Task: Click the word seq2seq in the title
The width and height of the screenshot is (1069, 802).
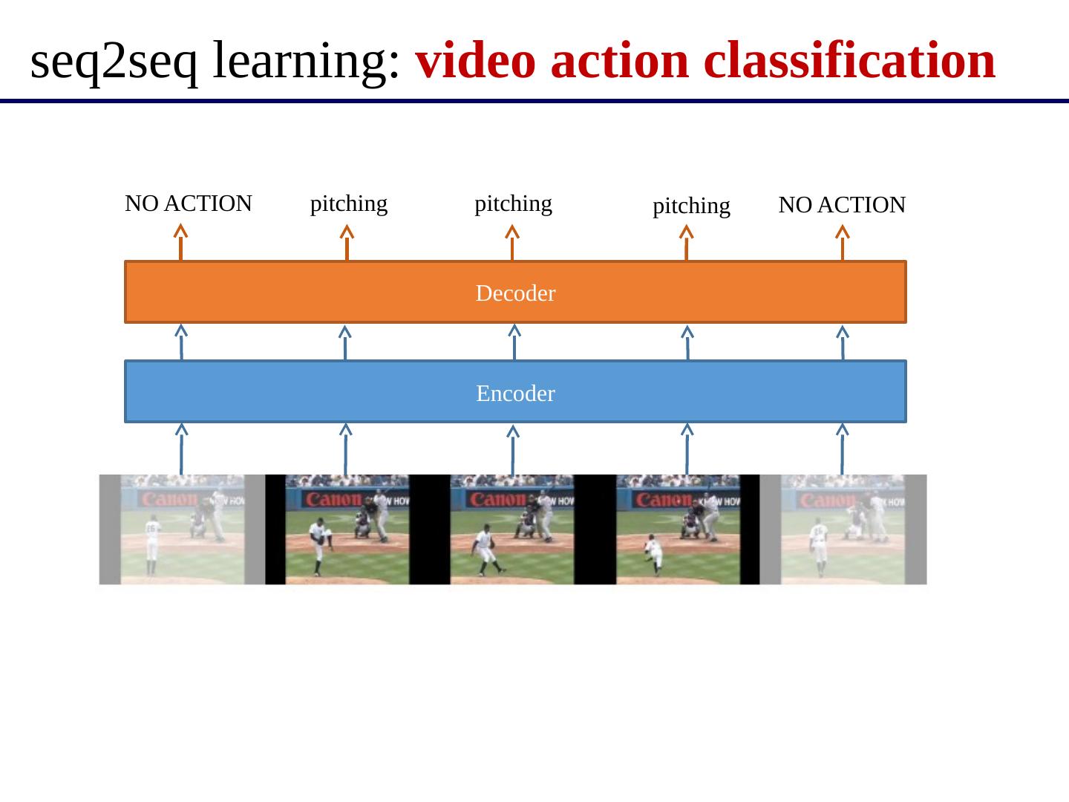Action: point(114,62)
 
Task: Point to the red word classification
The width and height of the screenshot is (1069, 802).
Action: point(849,62)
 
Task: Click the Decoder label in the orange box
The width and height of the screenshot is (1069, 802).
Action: point(515,293)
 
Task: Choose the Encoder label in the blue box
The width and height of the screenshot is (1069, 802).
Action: point(515,393)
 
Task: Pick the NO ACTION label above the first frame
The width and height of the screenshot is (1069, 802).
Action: point(189,203)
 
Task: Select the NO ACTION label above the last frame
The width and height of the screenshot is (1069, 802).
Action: point(842,205)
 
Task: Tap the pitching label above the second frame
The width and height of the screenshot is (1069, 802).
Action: point(348,203)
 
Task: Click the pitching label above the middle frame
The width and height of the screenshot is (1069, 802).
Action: point(513,203)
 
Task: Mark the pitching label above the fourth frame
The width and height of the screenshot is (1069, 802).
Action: point(691,206)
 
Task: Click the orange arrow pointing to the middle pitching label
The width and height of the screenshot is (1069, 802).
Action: point(511,243)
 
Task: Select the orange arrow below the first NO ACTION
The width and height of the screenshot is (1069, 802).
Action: point(180,243)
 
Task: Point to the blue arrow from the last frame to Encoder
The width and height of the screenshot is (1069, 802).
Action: point(842,449)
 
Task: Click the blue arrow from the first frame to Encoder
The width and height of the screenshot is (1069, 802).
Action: point(181,449)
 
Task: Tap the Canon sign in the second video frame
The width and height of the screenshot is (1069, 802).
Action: point(330,499)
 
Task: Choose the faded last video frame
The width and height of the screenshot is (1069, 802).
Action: point(843,529)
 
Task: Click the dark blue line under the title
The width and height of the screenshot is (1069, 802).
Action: point(534,101)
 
